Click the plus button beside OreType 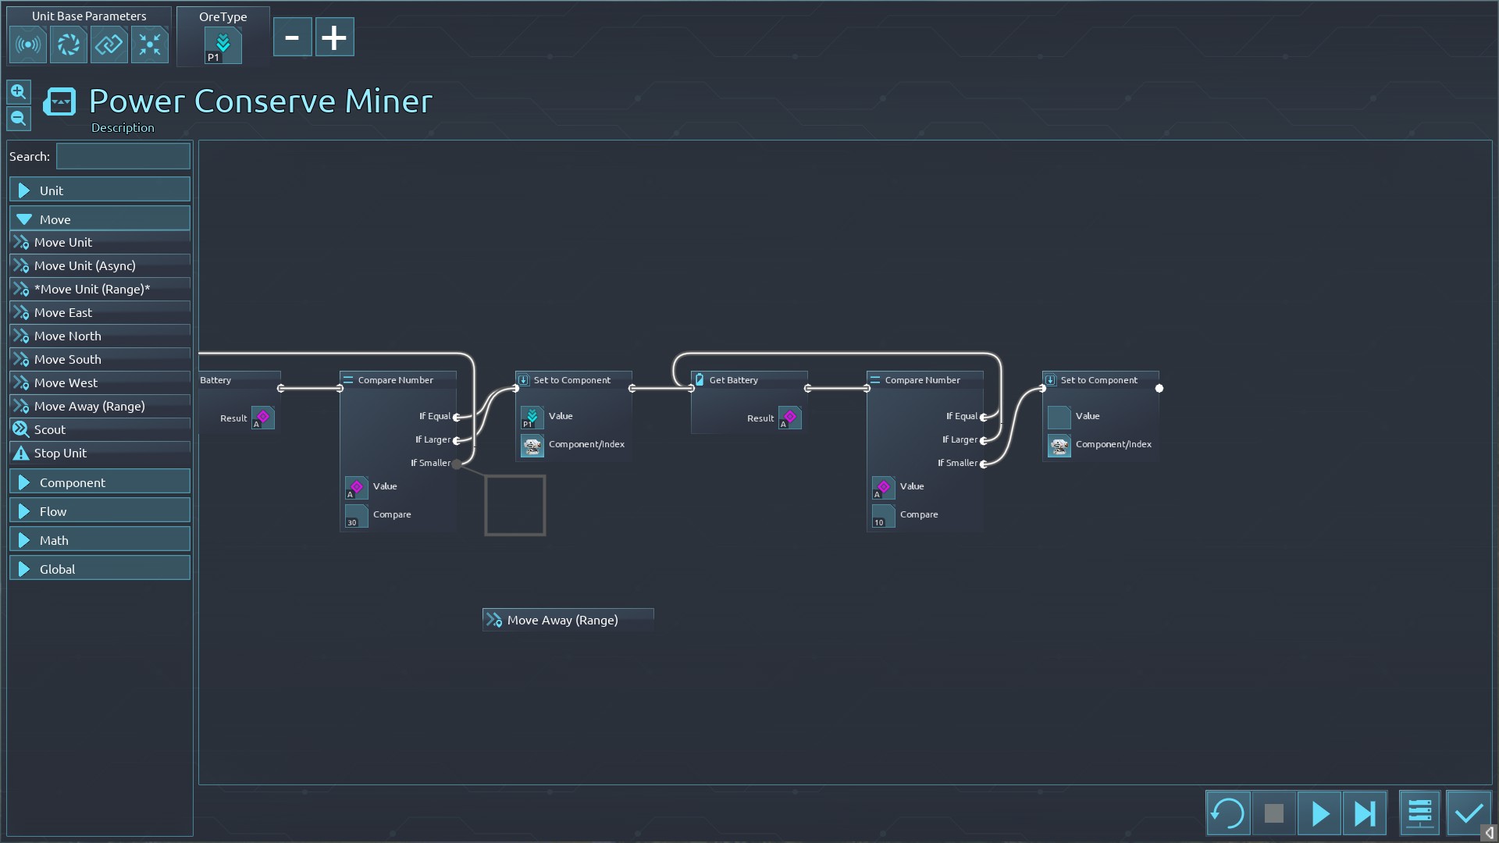point(334,37)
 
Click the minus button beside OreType point(292,37)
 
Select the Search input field point(123,156)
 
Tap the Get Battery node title point(733,380)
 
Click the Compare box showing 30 point(356,515)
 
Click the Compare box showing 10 point(883,515)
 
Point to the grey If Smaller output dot point(457,464)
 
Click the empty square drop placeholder point(515,505)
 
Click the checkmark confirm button point(1469,813)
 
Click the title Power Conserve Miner point(260,101)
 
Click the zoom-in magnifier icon point(19,92)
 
